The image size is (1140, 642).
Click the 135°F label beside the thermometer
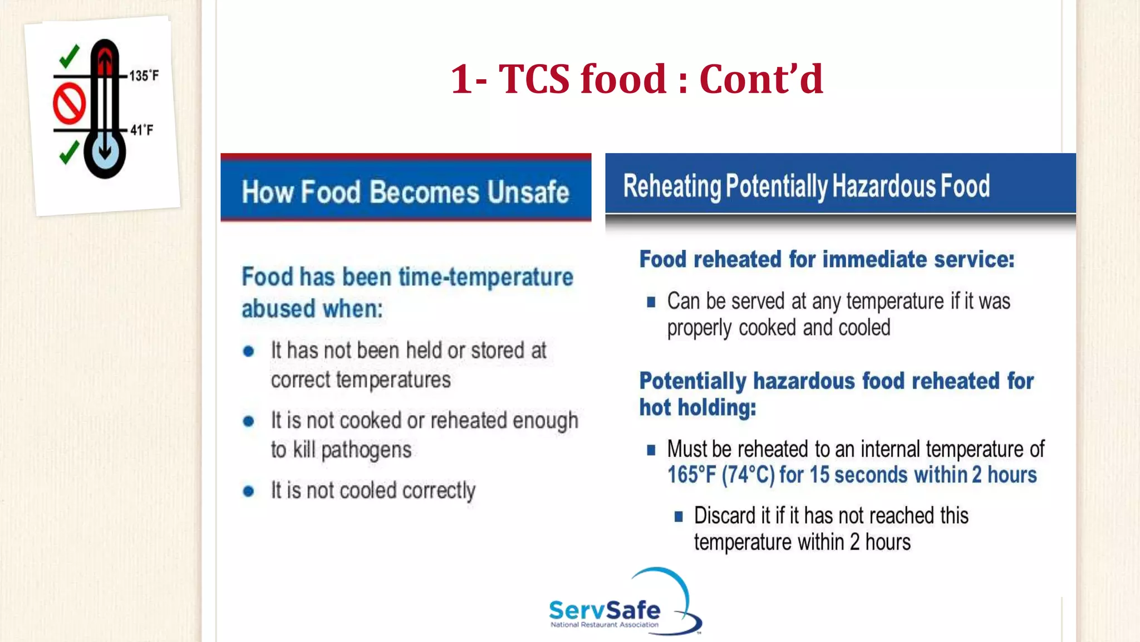(x=144, y=76)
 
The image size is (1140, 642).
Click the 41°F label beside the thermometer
(x=141, y=130)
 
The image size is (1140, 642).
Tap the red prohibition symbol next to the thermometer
(x=69, y=104)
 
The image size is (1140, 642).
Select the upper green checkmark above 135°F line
(x=69, y=56)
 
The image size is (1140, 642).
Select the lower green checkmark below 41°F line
(x=69, y=152)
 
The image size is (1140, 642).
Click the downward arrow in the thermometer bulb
(x=105, y=149)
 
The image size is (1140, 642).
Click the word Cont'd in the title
(x=761, y=79)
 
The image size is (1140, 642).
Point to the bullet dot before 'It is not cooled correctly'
(x=249, y=492)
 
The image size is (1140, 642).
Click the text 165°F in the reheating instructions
(x=691, y=475)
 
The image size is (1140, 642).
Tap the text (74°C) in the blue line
(x=748, y=475)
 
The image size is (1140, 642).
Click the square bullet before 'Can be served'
(x=651, y=303)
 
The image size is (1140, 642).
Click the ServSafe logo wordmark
(x=605, y=610)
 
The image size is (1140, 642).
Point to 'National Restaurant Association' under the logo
(x=605, y=625)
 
